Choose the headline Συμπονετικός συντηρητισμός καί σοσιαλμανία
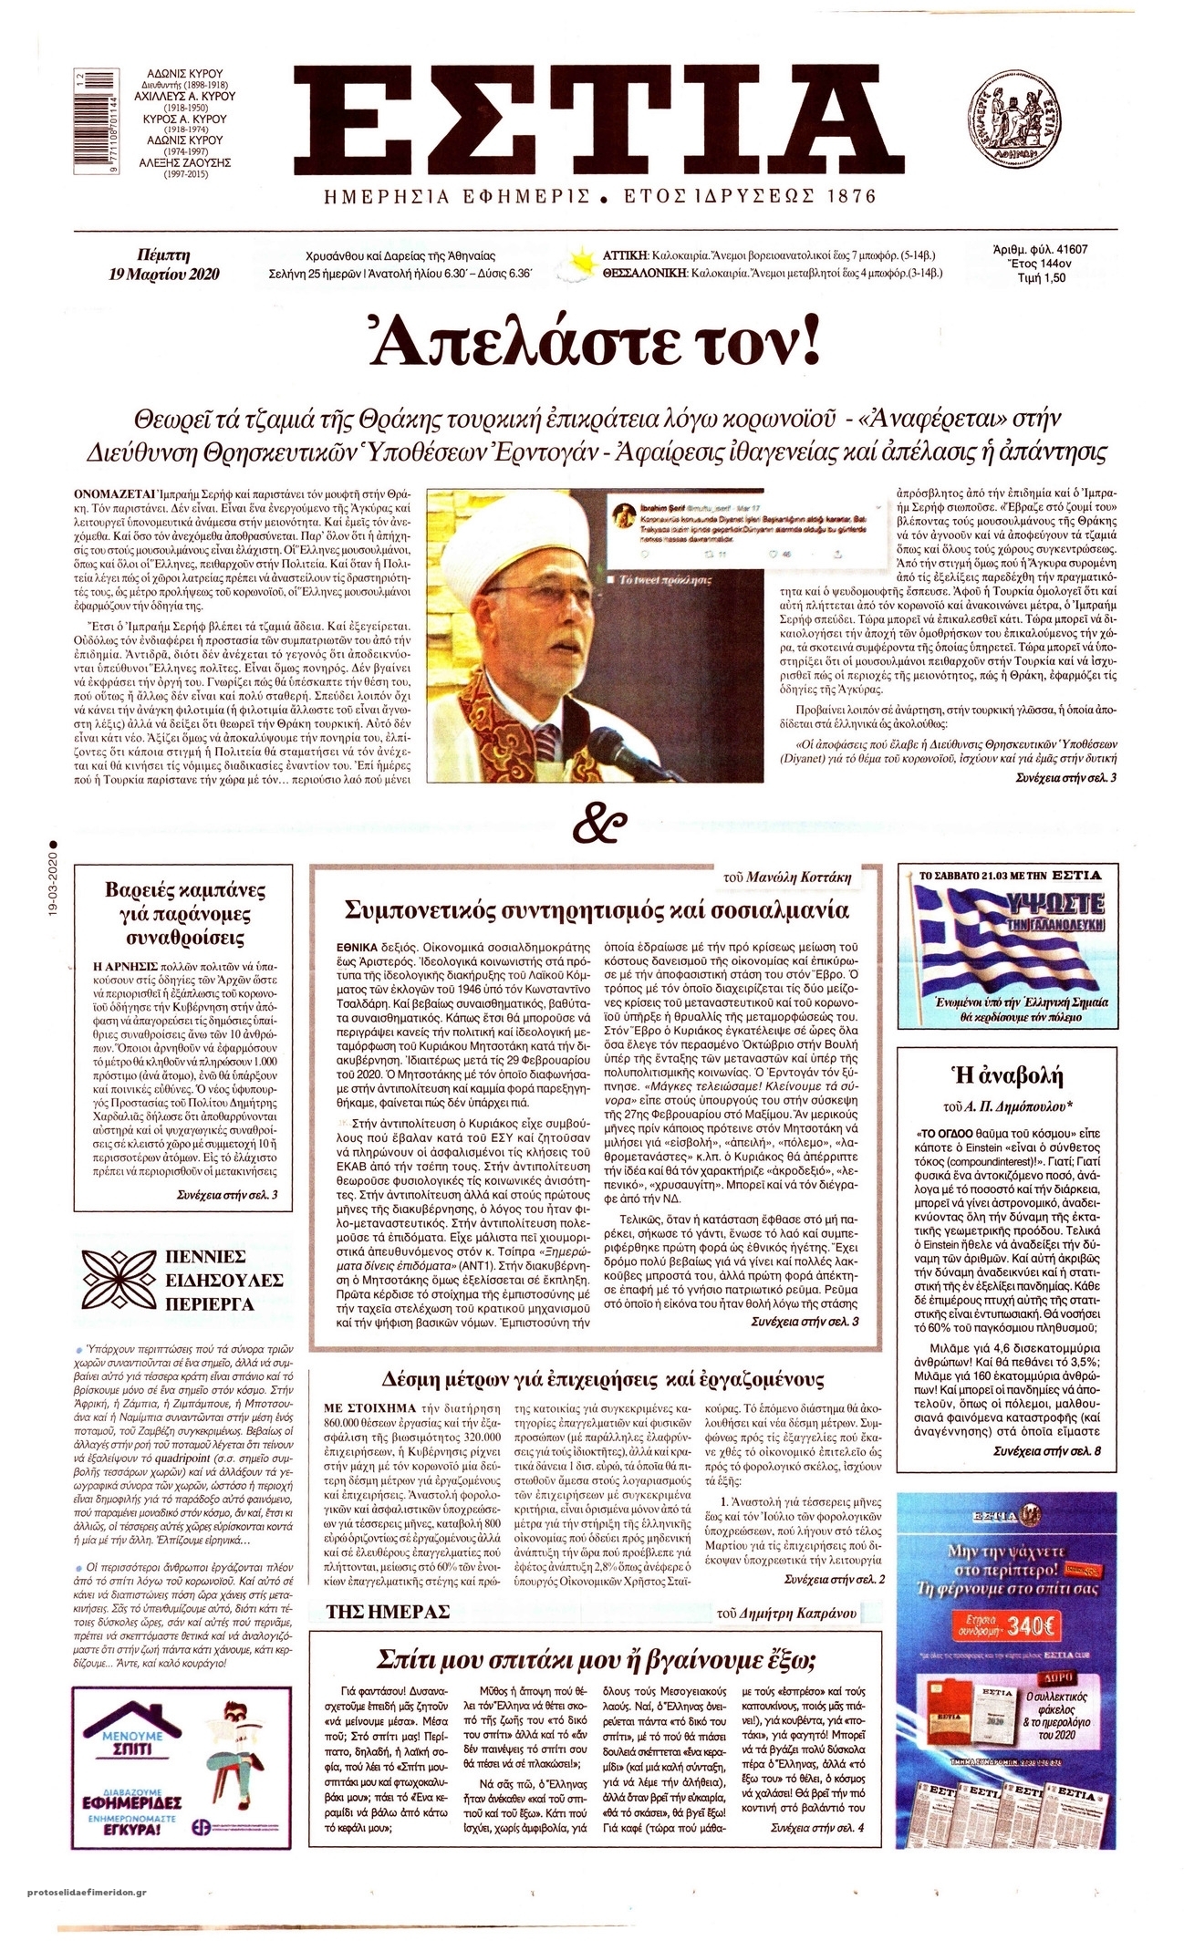coord(597,909)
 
